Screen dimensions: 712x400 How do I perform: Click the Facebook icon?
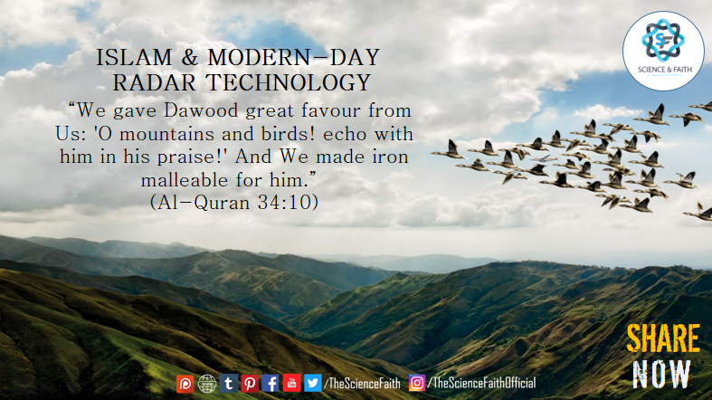(271, 383)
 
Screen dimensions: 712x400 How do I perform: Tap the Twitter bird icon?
(312, 383)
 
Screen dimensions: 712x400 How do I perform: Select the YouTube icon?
(291, 383)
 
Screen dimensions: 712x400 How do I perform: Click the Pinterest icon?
(250, 384)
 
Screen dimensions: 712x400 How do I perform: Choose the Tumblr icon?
(229, 384)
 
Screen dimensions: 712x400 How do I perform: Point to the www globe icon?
(207, 384)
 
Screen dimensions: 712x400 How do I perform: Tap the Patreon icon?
(185, 384)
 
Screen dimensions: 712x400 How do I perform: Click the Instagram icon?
(417, 383)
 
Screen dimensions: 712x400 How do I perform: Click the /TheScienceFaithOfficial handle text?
(482, 383)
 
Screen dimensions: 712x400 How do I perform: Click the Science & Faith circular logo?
(663, 51)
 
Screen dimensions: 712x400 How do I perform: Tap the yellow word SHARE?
(663, 338)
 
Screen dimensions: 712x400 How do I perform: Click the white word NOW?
(661, 374)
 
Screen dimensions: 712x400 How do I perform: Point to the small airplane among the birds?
(544, 158)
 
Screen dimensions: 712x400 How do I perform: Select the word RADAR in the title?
(156, 82)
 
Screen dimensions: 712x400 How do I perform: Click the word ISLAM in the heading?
(134, 58)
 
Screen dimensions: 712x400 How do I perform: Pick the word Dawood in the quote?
(201, 110)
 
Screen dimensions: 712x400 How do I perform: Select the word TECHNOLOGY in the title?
(289, 82)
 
